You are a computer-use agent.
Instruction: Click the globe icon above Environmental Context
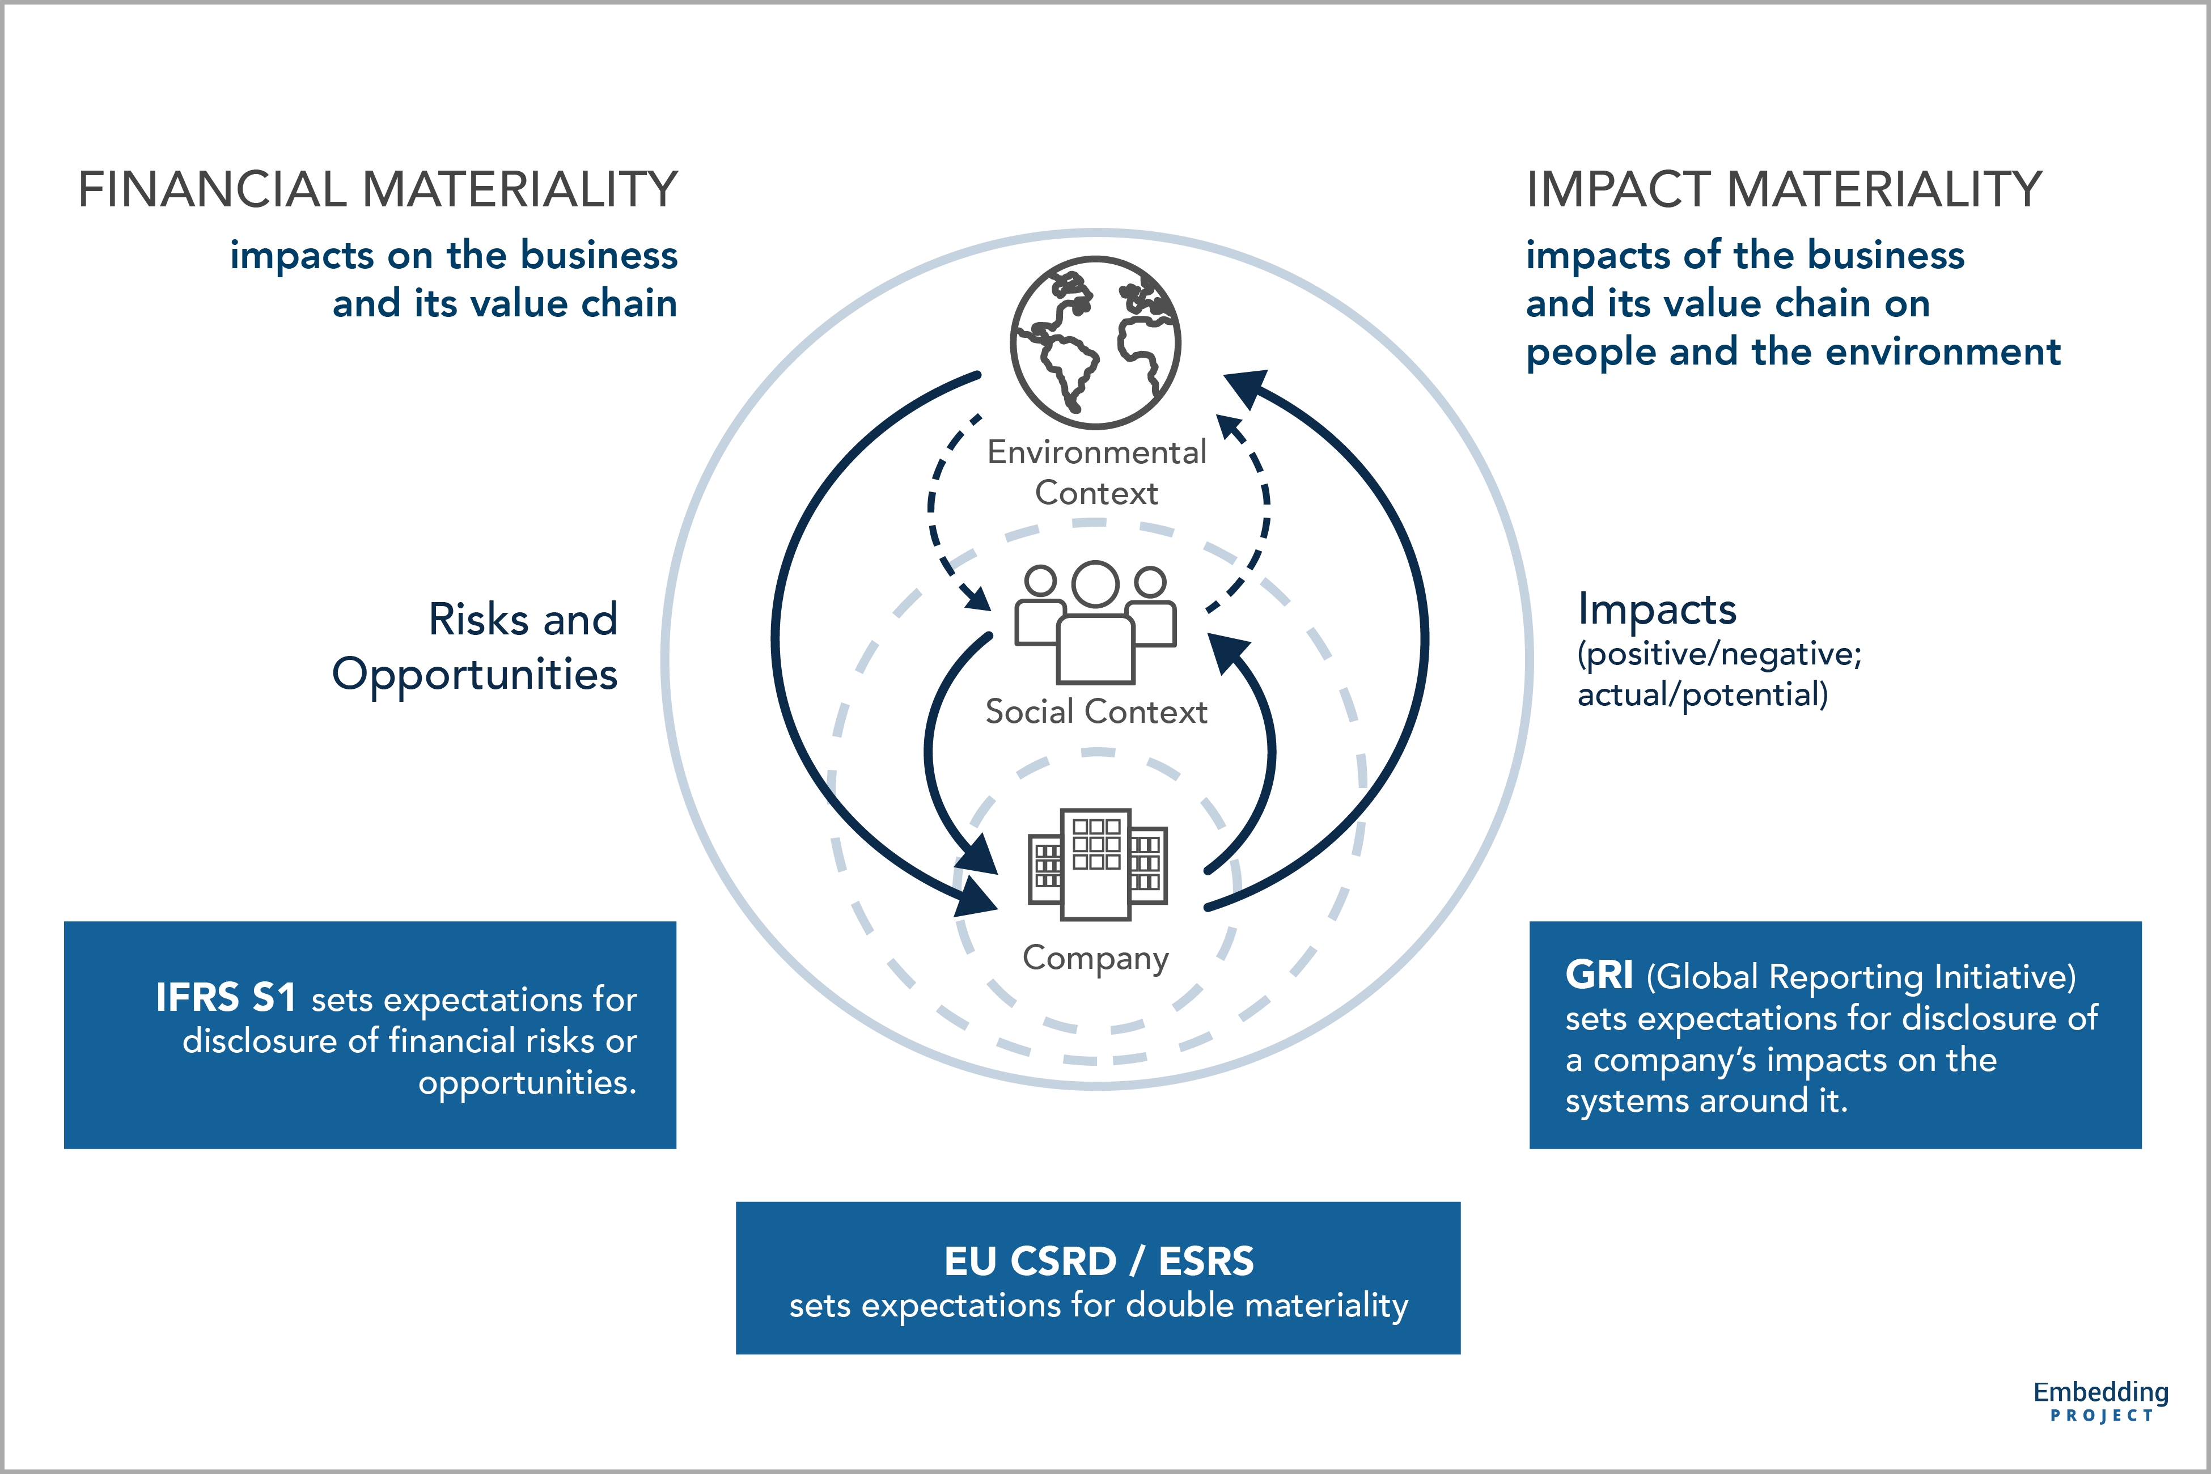(x=1095, y=342)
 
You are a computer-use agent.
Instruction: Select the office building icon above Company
(x=1097, y=863)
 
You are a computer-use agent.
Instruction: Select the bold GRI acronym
(x=1598, y=975)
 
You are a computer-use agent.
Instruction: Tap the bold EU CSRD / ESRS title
(x=1098, y=1261)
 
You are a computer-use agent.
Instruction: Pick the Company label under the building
(x=1095, y=958)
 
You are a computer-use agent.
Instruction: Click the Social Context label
(x=1095, y=711)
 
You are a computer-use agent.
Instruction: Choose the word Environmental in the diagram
(x=1096, y=452)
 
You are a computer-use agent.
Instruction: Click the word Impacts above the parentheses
(x=1657, y=609)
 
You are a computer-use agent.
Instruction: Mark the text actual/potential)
(x=1702, y=694)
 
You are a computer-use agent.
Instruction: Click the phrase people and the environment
(x=1793, y=351)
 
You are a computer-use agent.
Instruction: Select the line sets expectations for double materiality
(x=1098, y=1306)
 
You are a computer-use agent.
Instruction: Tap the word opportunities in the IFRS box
(x=527, y=1083)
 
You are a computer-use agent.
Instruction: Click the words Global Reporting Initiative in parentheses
(x=1861, y=977)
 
